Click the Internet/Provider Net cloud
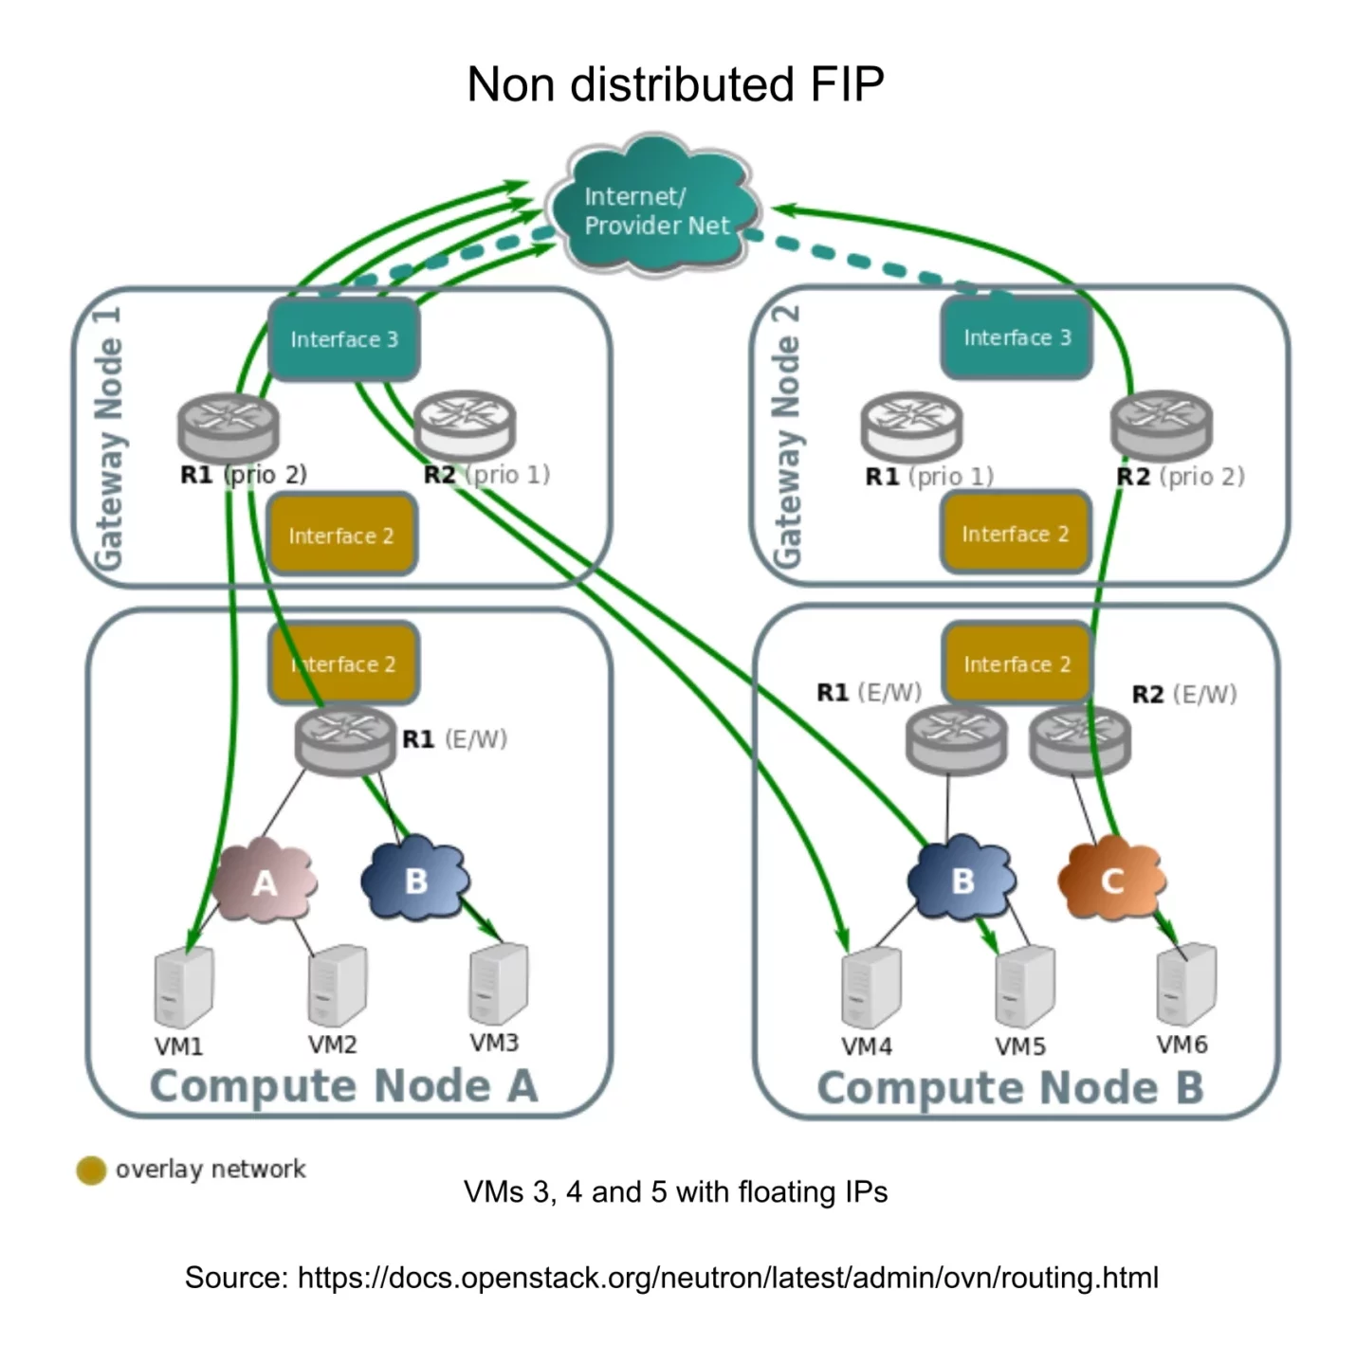(x=656, y=210)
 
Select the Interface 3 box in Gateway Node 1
(x=343, y=339)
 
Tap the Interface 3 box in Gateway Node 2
(x=1016, y=337)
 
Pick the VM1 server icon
(x=183, y=988)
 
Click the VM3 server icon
(x=498, y=984)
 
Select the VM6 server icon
(x=1185, y=984)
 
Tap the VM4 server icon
(x=870, y=988)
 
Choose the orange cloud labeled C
(x=1111, y=881)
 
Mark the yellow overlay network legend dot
(x=91, y=1171)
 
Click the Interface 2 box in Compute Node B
(x=1016, y=664)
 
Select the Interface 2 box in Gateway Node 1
(x=341, y=536)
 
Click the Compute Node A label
(x=343, y=1086)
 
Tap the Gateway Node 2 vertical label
(x=787, y=436)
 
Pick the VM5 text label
(x=1019, y=1046)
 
